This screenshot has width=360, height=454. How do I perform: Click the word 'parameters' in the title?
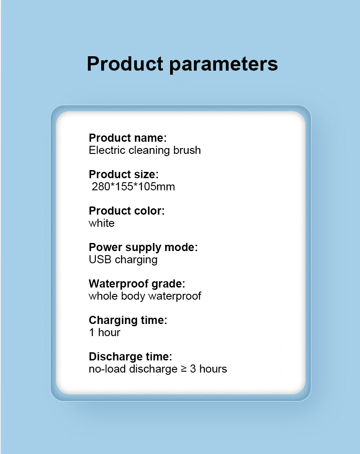[x=223, y=64]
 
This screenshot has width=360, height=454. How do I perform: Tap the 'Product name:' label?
[x=128, y=138]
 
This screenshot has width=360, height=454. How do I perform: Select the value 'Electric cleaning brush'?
[x=145, y=151]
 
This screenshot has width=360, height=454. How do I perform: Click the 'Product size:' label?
[x=124, y=174]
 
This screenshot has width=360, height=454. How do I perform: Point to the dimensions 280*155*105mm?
[x=133, y=187]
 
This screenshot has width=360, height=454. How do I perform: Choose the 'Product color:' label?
[x=126, y=211]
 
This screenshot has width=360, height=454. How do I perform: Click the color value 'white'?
[x=102, y=223]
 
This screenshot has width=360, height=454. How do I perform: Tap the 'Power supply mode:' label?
[x=143, y=247]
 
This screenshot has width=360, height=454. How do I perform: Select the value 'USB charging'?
[x=123, y=260]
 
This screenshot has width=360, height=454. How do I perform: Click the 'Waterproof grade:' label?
[x=137, y=284]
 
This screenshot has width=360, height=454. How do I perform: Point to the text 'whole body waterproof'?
[x=145, y=296]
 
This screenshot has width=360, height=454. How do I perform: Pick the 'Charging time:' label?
[x=128, y=320]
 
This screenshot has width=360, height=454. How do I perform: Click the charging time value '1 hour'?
[x=104, y=333]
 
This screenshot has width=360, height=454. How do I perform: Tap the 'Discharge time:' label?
[x=130, y=357]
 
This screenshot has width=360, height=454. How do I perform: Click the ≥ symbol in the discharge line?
[x=184, y=369]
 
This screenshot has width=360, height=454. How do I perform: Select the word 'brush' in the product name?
[x=187, y=150]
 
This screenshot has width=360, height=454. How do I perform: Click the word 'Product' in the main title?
[x=125, y=64]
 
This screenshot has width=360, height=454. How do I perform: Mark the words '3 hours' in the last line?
[x=208, y=369]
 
